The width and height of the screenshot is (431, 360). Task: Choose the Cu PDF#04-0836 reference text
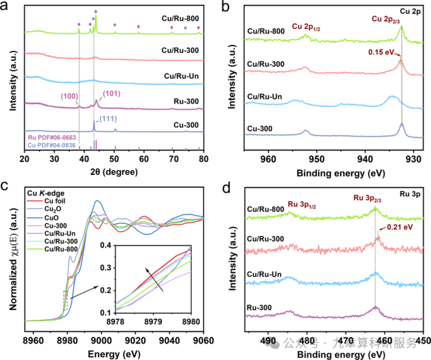(52, 144)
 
